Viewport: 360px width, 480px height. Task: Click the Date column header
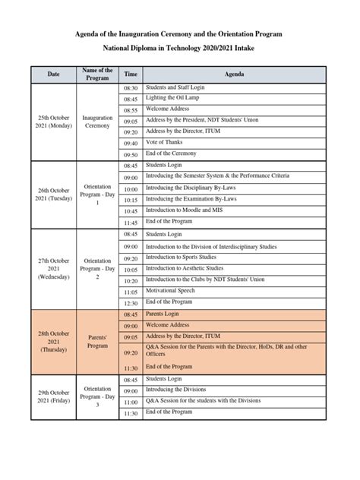53,74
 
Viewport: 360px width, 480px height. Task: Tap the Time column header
131,74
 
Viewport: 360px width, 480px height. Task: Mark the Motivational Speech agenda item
176,291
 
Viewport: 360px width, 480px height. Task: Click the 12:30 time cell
131,302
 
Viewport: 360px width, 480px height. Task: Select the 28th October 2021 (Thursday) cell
53,341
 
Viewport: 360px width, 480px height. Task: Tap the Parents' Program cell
97,341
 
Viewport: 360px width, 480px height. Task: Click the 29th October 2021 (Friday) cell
53,396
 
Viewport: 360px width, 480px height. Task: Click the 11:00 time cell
131,402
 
